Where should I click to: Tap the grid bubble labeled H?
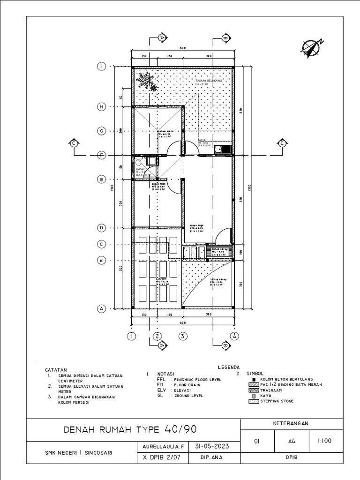click(101, 107)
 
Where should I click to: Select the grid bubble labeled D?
click(101, 228)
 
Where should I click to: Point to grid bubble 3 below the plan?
click(183, 336)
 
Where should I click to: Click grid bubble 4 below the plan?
click(234, 336)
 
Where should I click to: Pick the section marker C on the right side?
click(282, 144)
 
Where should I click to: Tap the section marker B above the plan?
click(224, 37)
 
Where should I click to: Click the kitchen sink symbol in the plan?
click(223, 150)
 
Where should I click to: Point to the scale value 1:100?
click(323, 441)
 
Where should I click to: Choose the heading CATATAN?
click(56, 369)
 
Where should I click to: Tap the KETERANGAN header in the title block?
click(291, 423)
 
